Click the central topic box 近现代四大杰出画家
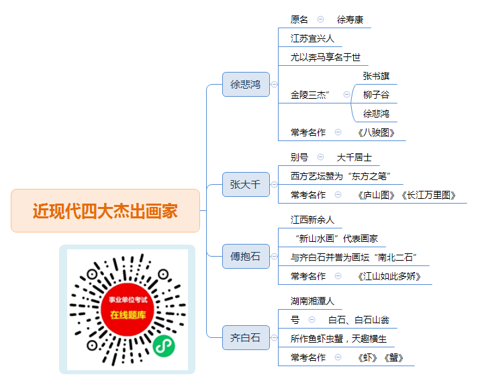105,210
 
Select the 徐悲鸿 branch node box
246,84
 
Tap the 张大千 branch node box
246,184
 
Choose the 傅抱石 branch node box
246,256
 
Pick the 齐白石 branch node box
246,337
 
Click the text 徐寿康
350,19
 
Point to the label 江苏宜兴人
312,38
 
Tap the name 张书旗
376,76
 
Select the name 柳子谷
376,95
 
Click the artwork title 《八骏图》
376,132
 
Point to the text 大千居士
354,157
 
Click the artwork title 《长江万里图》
428,195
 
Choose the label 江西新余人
312,220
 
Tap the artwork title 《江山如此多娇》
389,276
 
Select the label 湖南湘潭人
312,301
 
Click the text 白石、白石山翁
358,320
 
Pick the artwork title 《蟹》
393,357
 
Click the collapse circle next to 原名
320,19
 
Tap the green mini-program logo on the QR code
164,346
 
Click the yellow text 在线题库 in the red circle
128,315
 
